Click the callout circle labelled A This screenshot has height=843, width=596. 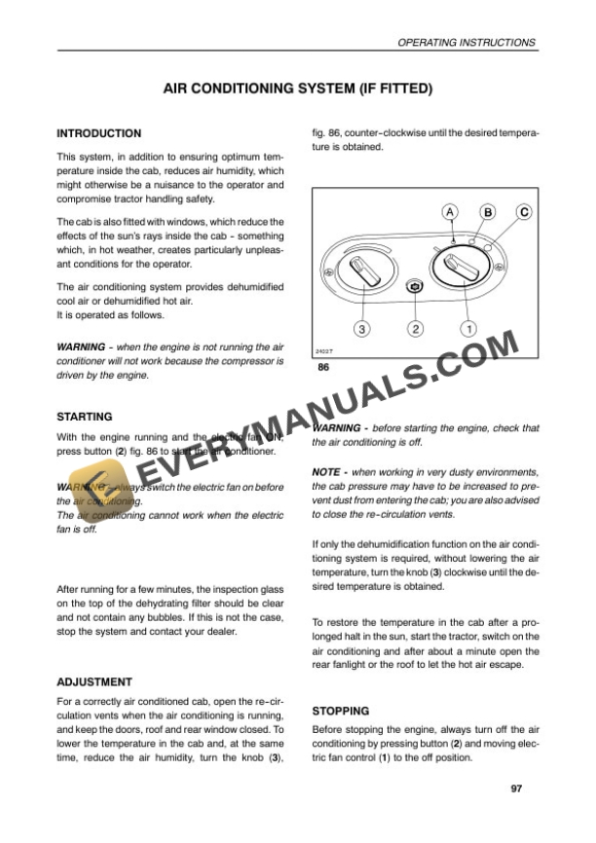(x=449, y=211)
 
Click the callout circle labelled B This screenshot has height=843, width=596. (x=487, y=211)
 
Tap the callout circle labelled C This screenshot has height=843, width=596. (x=524, y=211)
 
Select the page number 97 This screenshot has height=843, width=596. (x=516, y=788)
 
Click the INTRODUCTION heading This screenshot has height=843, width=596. (x=99, y=133)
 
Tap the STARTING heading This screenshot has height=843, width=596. (x=85, y=417)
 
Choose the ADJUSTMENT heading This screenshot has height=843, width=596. (x=94, y=682)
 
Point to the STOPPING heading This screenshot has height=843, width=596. (x=341, y=711)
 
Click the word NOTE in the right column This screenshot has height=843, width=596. (x=325, y=471)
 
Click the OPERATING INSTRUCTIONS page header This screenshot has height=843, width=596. (x=466, y=43)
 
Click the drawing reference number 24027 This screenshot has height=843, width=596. (x=325, y=350)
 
